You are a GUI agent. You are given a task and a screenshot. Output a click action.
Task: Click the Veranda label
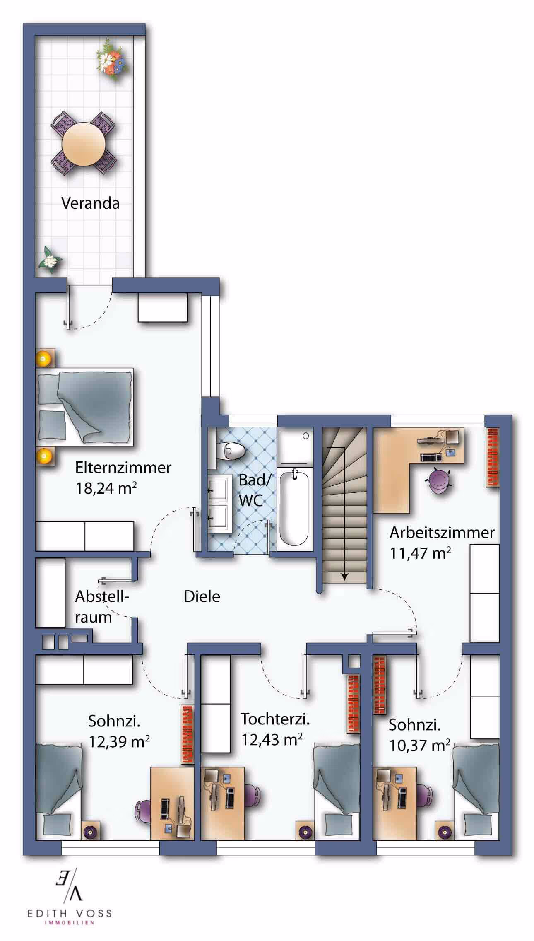90,203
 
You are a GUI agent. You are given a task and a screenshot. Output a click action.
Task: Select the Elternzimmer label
123,468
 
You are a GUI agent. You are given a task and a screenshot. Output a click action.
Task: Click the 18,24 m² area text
106,488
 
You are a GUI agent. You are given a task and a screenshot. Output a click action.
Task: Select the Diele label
202,597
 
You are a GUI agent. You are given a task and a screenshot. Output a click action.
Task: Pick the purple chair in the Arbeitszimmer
438,480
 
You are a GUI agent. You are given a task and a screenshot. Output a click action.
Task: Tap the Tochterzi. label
275,719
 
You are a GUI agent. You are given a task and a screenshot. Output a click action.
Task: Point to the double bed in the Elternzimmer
85,407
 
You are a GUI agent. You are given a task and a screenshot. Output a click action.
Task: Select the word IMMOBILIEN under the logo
70,923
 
